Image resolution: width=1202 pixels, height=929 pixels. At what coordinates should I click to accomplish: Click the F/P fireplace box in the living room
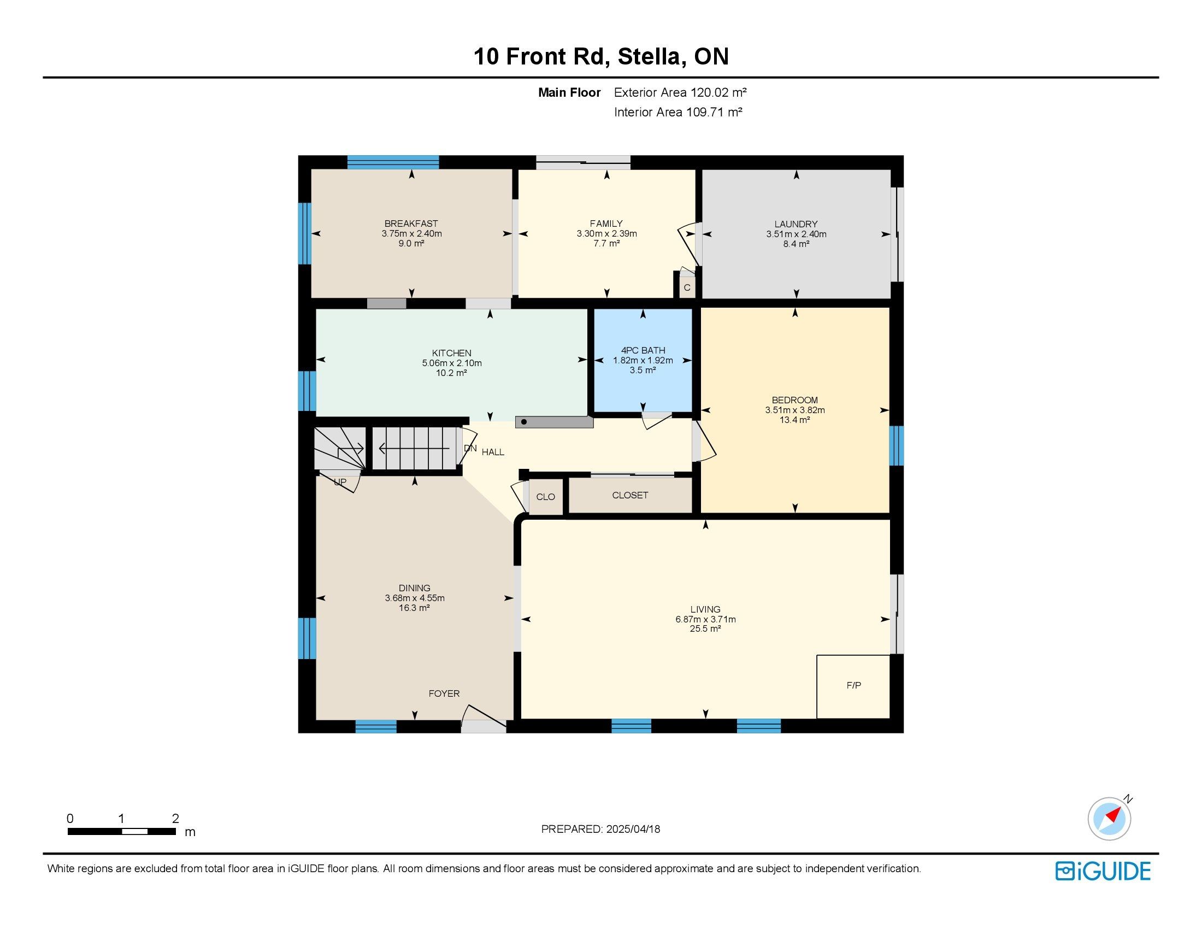coord(853,686)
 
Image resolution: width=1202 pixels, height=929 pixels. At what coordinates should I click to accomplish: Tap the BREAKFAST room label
coord(411,224)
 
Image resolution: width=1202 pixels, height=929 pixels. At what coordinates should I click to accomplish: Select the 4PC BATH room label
coord(643,350)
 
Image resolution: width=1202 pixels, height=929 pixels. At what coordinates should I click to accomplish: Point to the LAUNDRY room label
coord(796,224)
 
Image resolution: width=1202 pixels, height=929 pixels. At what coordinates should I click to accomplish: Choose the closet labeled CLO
coord(545,497)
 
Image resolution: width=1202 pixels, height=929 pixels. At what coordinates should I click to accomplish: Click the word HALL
coord(493,452)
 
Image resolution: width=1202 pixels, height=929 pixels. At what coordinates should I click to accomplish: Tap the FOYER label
coord(444,693)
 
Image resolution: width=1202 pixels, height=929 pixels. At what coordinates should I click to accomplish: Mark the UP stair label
coord(340,482)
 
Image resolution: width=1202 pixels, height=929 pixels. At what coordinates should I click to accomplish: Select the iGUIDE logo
coord(1103,871)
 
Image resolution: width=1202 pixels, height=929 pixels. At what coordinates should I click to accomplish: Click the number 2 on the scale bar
coord(175,819)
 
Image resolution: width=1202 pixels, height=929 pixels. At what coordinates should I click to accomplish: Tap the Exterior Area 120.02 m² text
coord(680,92)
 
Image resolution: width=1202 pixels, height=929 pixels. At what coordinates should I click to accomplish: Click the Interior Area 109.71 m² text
coord(679,112)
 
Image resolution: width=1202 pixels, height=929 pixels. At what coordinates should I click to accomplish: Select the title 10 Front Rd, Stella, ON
coord(601,57)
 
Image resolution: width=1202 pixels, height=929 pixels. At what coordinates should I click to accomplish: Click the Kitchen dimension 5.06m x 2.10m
coord(451,363)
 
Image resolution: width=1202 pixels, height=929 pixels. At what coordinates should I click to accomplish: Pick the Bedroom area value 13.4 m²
coord(795,420)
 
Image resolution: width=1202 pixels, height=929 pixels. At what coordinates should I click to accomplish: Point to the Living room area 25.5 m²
coord(705,629)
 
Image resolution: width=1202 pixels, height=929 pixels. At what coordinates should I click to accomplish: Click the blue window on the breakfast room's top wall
coord(393,162)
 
